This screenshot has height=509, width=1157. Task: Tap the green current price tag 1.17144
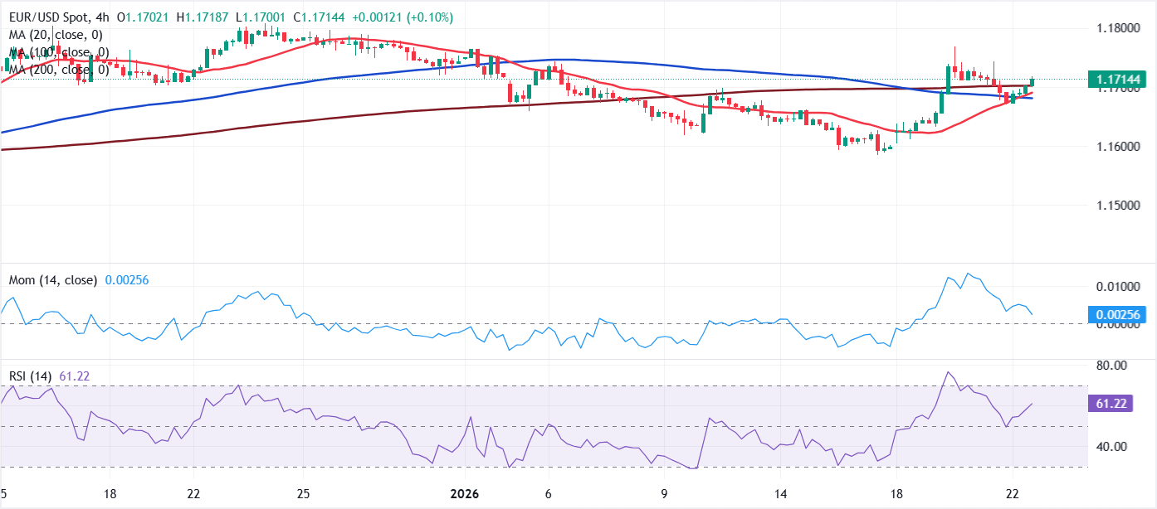pyautogui.click(x=1117, y=80)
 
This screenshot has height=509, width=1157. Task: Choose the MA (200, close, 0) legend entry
pyautogui.click(x=59, y=68)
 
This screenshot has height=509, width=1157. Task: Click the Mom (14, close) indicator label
pyautogui.click(x=53, y=280)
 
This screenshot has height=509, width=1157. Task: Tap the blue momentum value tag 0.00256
pyautogui.click(x=1117, y=314)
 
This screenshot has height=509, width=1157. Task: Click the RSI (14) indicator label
pyautogui.click(x=30, y=376)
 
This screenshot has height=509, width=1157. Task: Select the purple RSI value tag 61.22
pyautogui.click(x=1111, y=404)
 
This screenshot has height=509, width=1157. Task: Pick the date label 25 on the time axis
pyautogui.click(x=304, y=494)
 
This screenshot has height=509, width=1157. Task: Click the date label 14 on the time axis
pyautogui.click(x=781, y=494)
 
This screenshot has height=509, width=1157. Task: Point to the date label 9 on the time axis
pyautogui.click(x=665, y=494)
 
